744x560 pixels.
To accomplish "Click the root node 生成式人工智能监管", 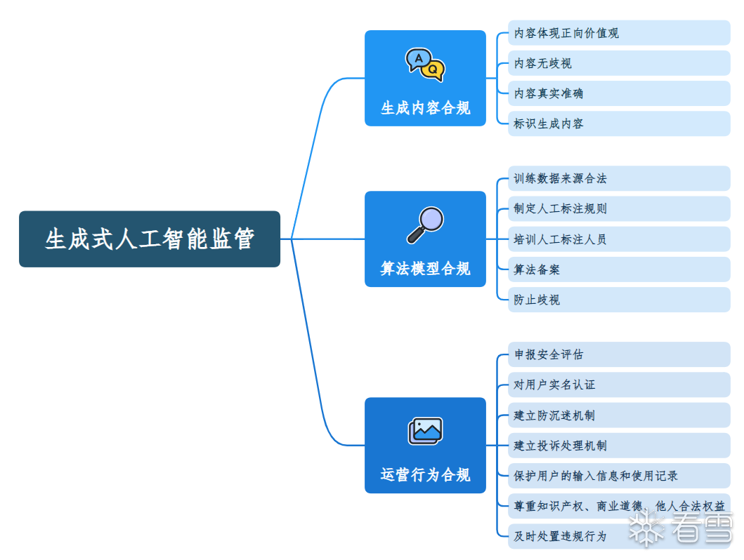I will pos(150,239).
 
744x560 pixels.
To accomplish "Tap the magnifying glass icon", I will pos(426,225).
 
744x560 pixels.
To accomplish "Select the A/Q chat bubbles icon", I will pos(425,65).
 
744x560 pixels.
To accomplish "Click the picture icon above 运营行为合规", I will pos(425,431).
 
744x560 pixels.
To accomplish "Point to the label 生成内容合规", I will pos(425,109).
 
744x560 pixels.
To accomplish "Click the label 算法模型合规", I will pos(425,269).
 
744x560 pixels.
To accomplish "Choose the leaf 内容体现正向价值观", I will pos(566,33).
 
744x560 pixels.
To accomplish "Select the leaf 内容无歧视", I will pos(543,63).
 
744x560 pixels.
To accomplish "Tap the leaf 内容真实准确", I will pos(549,93).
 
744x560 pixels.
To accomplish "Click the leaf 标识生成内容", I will pos(549,124).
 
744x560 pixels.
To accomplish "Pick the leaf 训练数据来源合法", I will pos(560,179).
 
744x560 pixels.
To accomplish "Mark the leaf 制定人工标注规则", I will pos(560,209).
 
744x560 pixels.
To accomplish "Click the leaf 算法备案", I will pos(537,269).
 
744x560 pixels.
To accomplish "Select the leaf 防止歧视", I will pos(537,300).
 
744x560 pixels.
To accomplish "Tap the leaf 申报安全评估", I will pos(549,354).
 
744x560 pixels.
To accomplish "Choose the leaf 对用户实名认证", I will pos(554,385).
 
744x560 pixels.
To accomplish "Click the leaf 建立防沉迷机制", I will pos(554,415).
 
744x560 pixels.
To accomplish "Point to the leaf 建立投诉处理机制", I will pos(560,446).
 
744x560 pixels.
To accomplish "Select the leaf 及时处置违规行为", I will pos(560,536).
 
